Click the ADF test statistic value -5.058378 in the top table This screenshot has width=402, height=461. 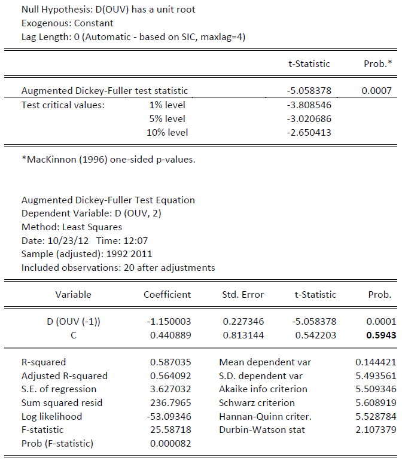coord(309,91)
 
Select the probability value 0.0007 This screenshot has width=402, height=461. coord(376,91)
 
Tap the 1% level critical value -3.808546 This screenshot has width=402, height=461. coord(309,105)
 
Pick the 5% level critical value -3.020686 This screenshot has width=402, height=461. coord(309,118)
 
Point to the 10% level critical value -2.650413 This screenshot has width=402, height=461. coord(309,132)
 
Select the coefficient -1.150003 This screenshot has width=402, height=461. coord(169,321)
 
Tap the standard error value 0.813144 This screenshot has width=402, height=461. coord(243,335)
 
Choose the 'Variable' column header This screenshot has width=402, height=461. coord(74,294)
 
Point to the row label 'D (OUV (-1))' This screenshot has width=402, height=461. coord(74,321)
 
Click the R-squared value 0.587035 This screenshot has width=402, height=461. coord(170,362)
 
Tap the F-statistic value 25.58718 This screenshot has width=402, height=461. coord(170,430)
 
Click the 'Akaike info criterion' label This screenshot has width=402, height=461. coord(263,389)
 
